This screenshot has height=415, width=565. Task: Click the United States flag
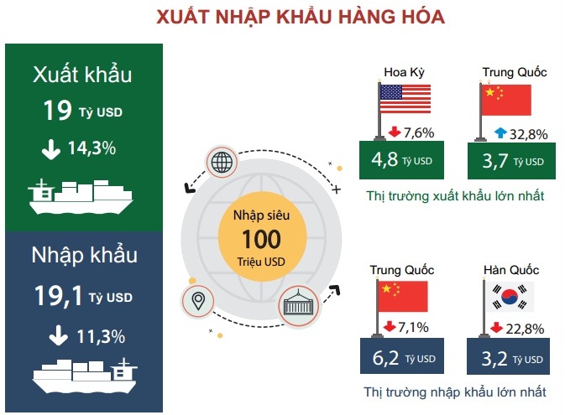[405, 99]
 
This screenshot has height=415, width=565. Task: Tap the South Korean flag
[510, 297]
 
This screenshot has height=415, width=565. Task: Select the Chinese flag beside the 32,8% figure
[506, 100]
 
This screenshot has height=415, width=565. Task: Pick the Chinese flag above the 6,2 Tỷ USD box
[403, 296]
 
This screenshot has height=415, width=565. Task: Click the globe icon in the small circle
[222, 162]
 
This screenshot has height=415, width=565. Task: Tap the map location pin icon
[198, 301]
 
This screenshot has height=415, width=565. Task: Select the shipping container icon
[298, 306]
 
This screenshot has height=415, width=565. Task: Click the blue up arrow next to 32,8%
[500, 132]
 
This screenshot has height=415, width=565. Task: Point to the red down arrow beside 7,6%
[395, 132]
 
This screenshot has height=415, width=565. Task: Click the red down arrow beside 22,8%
[496, 327]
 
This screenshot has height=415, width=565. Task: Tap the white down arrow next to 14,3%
[51, 149]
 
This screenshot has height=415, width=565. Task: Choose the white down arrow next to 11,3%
[59, 336]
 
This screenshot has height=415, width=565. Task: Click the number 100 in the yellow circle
[262, 239]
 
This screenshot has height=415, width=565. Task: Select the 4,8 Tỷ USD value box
[402, 160]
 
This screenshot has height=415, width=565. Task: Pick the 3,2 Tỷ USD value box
[509, 356]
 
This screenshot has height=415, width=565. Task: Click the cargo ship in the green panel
[81, 197]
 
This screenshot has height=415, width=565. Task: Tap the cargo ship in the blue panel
[85, 376]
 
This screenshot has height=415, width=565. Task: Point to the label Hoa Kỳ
[405, 72]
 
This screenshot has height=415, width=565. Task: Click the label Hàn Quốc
[511, 270]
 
